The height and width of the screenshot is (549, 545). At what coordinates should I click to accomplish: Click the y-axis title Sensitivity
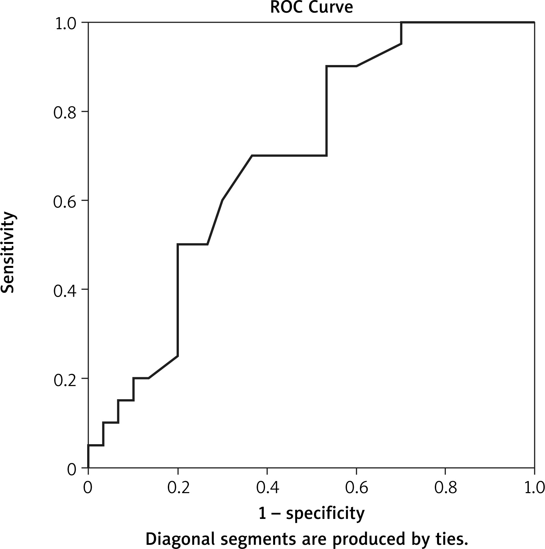pyautogui.click(x=8, y=252)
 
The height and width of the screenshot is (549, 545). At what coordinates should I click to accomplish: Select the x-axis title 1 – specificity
pyautogui.click(x=311, y=513)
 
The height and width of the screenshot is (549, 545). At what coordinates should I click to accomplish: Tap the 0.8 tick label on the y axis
pyautogui.click(x=65, y=112)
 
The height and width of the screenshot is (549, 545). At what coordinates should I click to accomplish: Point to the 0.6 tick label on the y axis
pyautogui.click(x=65, y=201)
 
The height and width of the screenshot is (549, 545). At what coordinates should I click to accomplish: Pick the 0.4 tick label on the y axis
pyautogui.click(x=65, y=290)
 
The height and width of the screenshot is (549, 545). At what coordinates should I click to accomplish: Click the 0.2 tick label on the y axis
pyautogui.click(x=65, y=379)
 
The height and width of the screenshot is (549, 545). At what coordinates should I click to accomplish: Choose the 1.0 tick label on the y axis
pyautogui.click(x=65, y=23)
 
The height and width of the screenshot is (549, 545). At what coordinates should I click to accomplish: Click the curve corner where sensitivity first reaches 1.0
pyautogui.click(x=401, y=23)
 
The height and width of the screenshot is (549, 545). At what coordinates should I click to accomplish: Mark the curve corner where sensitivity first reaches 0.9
pyautogui.click(x=327, y=66)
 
